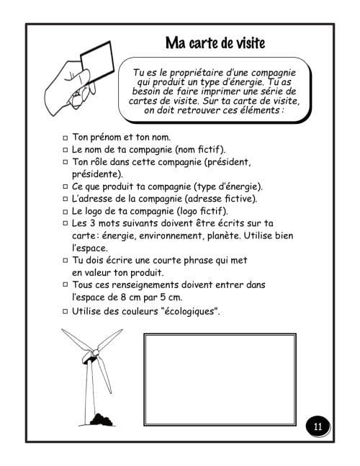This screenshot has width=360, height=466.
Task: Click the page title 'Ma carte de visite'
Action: [215, 42]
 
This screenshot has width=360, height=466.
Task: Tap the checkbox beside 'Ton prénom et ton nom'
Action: [65, 137]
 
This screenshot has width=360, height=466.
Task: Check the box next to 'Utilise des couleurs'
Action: [65, 311]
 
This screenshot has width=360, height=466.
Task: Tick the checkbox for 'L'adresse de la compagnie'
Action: [65, 198]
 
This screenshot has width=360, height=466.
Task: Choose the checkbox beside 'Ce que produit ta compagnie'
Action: [65, 186]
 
